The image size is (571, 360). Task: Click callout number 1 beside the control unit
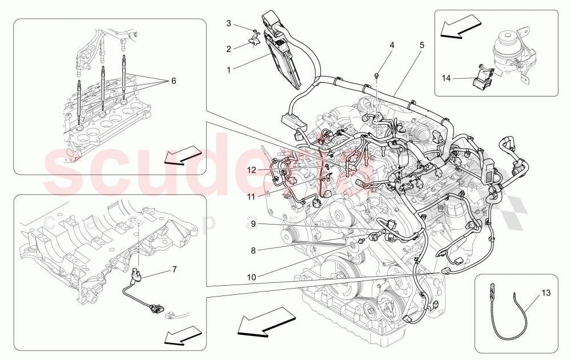pyautogui.click(x=228, y=70)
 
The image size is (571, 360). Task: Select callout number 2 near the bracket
pyautogui.click(x=228, y=49)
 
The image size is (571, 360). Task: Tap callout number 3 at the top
pyautogui.click(x=228, y=23)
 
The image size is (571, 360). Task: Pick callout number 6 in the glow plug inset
pyautogui.click(x=173, y=81)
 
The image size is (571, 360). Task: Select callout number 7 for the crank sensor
pyautogui.click(x=175, y=268)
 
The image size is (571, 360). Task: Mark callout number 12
pyautogui.click(x=252, y=170)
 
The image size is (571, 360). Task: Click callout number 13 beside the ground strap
pyautogui.click(x=546, y=293)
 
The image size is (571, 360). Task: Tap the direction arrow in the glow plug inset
pyautogui.click(x=183, y=155)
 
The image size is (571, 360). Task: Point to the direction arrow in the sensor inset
pyautogui.click(x=183, y=335)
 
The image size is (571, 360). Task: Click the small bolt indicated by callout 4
pyautogui.click(x=377, y=75)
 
